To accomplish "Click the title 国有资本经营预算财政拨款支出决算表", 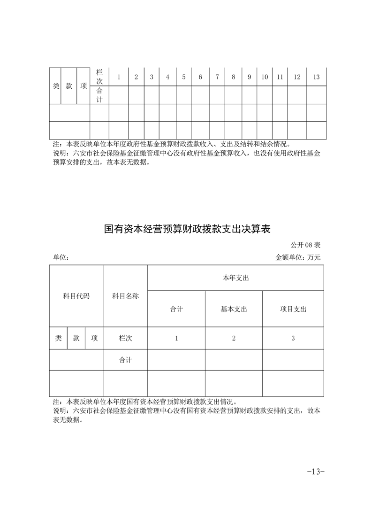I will [x=188, y=229].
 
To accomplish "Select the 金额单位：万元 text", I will [x=298, y=257].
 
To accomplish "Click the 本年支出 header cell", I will [x=235, y=278].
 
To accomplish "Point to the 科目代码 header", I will [x=76, y=296].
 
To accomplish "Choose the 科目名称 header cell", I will [x=125, y=296].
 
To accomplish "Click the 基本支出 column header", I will [x=234, y=309].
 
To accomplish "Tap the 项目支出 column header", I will [x=293, y=309].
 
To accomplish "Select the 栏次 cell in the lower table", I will [x=125, y=338].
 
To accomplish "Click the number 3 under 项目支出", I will [x=293, y=338].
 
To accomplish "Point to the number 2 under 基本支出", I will [x=234, y=338].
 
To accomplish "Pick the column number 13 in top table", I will [x=316, y=77].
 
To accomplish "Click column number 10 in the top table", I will [x=265, y=77].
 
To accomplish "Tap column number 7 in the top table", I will [x=217, y=77].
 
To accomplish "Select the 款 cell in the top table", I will [x=69, y=86].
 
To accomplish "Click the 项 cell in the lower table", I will [x=94, y=338].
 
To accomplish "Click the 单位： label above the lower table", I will [x=61, y=257].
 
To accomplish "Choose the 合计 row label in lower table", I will [x=125, y=360].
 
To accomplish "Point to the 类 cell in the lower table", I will [x=58, y=338].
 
